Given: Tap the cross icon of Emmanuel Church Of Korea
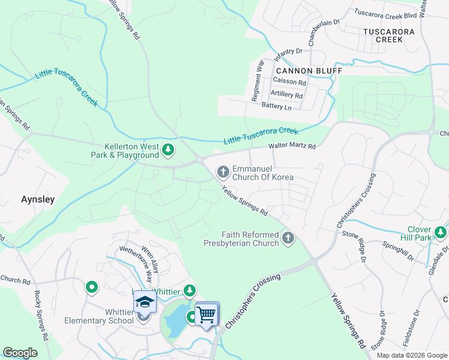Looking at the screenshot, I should pos(223,173).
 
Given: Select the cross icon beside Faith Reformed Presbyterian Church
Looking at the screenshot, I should pos(288,239).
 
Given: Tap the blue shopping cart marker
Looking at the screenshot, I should pos(206,313).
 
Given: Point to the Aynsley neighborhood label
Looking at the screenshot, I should pos(38,199).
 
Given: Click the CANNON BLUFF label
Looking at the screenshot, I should pos(309,71).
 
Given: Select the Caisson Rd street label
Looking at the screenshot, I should pos(289,82).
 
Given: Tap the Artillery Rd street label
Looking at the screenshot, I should pos(286,95).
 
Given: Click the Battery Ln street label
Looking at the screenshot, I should pos(276,107).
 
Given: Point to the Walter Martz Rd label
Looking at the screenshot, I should pos(292,145).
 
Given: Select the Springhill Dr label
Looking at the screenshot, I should pos(399,251).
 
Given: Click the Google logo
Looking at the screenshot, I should pos(20,353).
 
